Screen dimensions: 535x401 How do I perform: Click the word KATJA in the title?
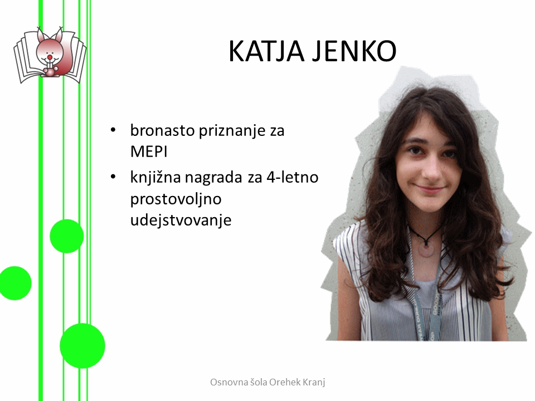click(x=266, y=51)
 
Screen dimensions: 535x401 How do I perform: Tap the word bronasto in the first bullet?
click(x=162, y=130)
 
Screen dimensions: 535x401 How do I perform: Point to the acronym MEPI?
click(x=149, y=151)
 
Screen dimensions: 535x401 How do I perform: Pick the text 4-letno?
click(x=293, y=177)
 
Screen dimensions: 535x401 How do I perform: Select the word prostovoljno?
click(x=176, y=199)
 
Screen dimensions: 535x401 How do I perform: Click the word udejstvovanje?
click(x=181, y=221)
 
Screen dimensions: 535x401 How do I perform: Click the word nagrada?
click(x=213, y=178)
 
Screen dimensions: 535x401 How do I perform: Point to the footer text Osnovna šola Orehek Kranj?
click(x=267, y=382)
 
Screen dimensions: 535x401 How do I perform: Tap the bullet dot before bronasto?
click(x=113, y=130)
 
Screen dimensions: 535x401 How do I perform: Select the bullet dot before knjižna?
click(x=113, y=177)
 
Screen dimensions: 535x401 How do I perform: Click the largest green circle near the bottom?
click(x=82, y=346)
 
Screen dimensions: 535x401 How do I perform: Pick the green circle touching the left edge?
click(x=16, y=283)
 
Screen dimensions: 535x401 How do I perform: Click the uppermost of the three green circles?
click(x=67, y=236)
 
